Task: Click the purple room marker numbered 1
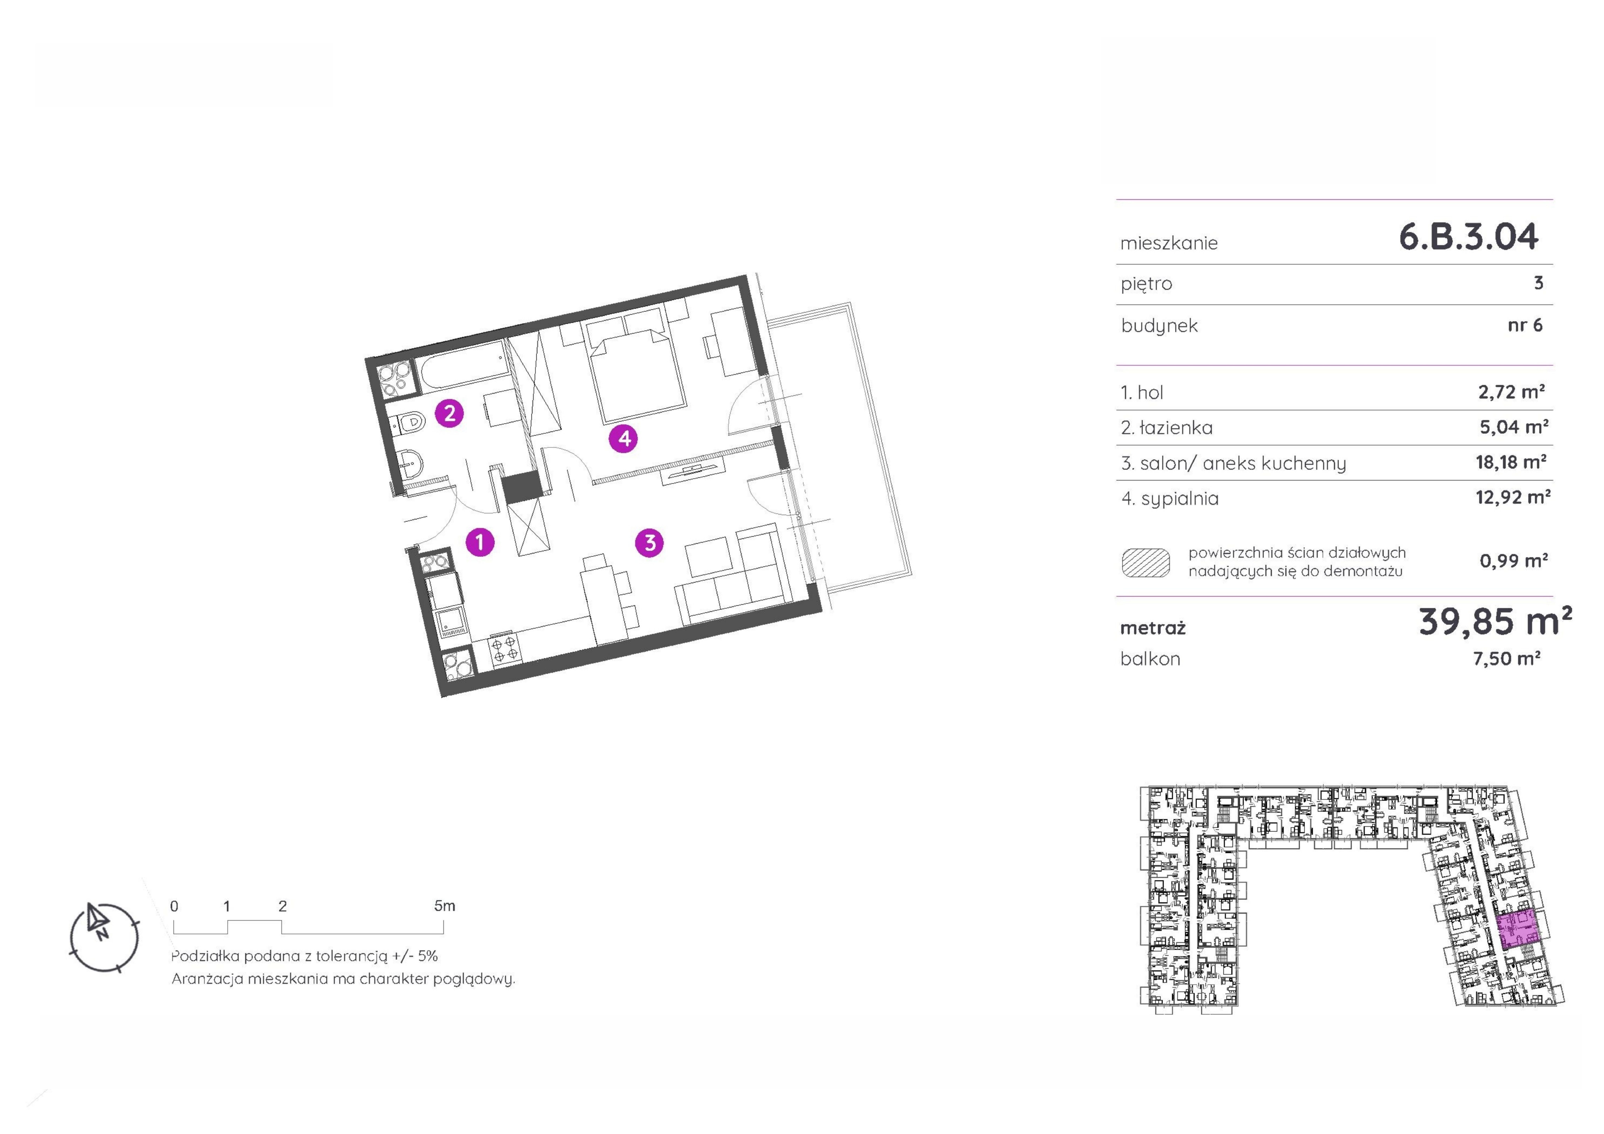click(480, 542)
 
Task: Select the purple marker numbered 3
click(650, 542)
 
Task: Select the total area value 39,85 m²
click(1495, 621)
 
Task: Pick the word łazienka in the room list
click(1176, 428)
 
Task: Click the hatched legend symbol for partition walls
click(1146, 562)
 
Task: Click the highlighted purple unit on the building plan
click(1517, 929)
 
